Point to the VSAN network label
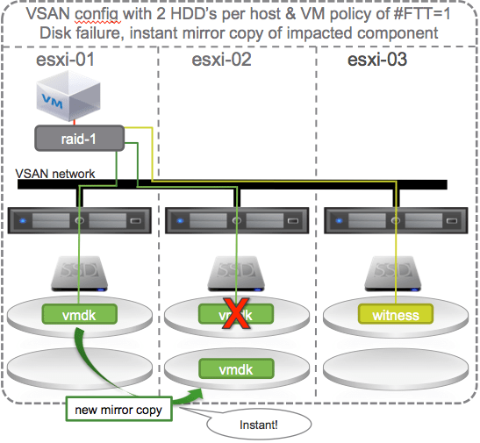click(57, 175)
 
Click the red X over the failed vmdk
click(232, 315)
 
